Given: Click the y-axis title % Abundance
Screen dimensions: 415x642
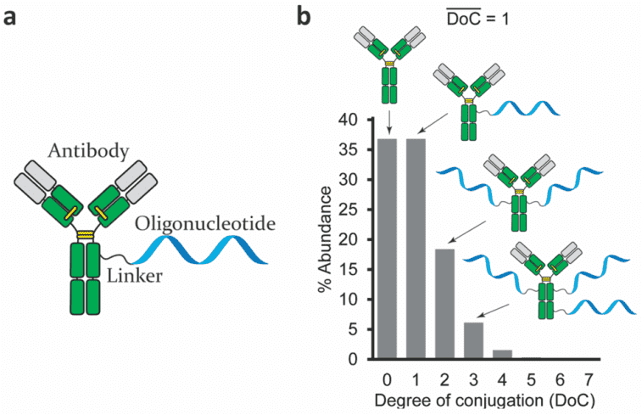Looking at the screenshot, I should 326,239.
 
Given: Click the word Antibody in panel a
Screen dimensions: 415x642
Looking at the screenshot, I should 89,150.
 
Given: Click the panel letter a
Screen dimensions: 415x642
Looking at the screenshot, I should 11,18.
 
